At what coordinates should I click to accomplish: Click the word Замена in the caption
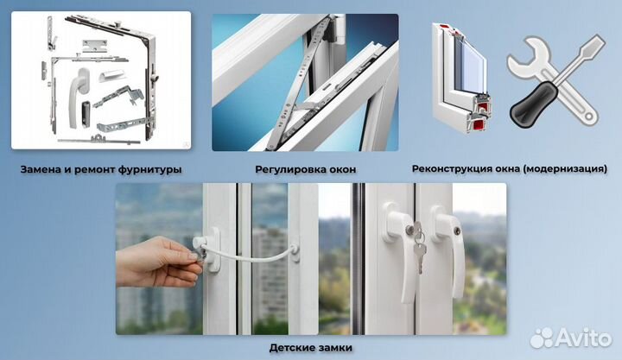tap(40, 170)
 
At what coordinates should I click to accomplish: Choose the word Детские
tap(291, 348)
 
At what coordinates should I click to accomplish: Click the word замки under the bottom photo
tap(334, 348)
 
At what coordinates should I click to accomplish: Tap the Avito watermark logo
tap(571, 338)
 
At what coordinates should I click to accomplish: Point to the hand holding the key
tap(159, 261)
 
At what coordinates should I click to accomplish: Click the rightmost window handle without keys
tap(452, 249)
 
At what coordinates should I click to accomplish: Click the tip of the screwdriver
tap(603, 39)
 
